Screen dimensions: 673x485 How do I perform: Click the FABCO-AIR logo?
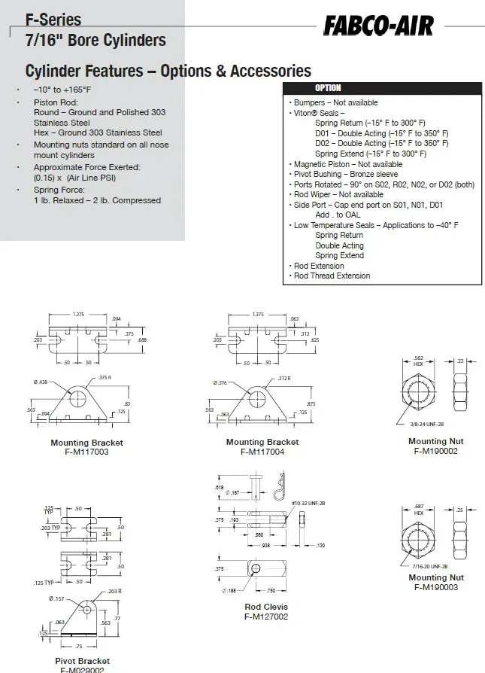point(379,27)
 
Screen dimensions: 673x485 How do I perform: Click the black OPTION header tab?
point(327,88)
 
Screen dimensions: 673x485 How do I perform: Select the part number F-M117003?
point(86,452)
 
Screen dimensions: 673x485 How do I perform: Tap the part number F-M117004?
point(262,452)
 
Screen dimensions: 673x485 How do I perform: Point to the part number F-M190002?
point(435,451)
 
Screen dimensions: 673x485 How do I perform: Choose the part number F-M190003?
point(435,587)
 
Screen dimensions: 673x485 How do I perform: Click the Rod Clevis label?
point(266,607)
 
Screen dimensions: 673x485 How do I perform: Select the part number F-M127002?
point(266,617)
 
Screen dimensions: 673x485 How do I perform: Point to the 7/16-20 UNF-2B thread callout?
point(429,565)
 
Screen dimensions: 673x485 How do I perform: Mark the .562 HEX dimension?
point(418,361)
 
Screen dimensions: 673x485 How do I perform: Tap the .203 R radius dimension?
point(114,591)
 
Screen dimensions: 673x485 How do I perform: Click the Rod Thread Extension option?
point(332,276)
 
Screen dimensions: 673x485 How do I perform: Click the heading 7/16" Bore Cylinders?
point(95,41)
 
